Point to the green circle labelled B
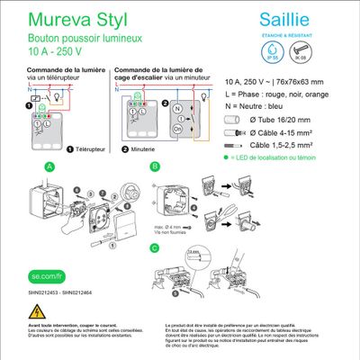pyautogui.click(x=155, y=166)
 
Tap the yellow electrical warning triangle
pyautogui.click(x=39, y=311)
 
